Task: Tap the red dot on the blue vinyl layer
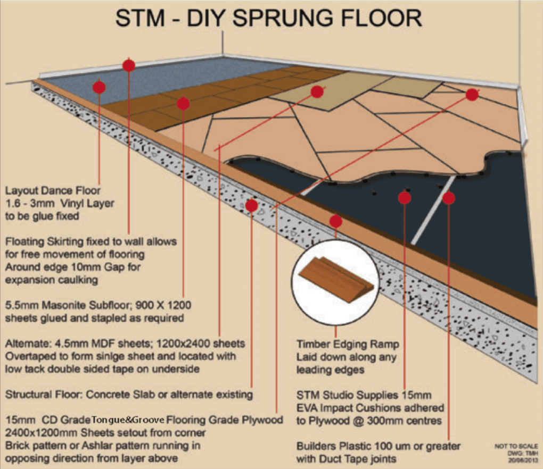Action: coord(99,87)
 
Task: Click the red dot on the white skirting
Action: coord(128,65)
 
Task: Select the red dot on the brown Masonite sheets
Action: coord(183,103)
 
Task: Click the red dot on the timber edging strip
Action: coord(335,220)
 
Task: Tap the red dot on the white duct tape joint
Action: coord(449,198)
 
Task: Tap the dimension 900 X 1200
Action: coord(165,306)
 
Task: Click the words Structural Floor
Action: coord(43,395)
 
